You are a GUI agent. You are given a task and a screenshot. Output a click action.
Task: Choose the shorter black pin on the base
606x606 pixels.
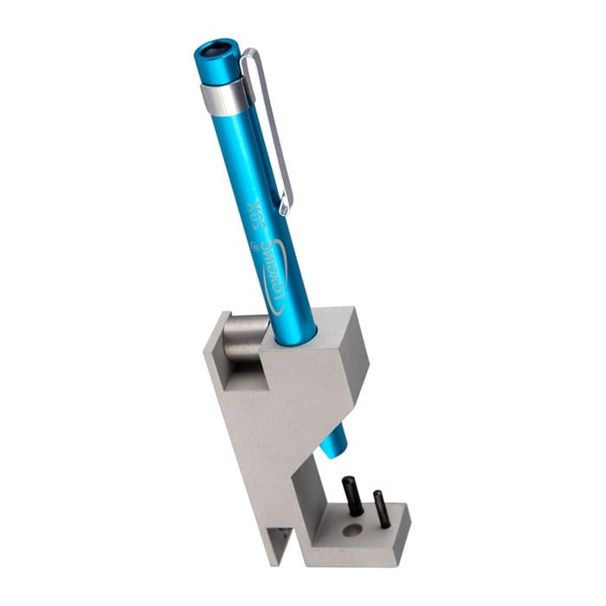point(380,508)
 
